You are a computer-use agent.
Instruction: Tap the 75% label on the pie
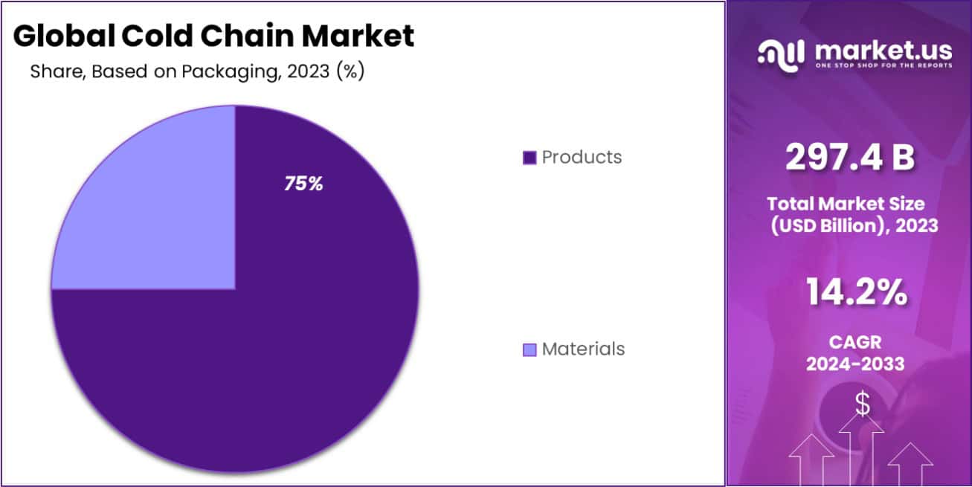pos(303,184)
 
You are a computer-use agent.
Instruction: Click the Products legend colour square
pos(530,158)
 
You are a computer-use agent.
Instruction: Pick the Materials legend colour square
pos(530,349)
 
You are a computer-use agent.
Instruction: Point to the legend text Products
pos(582,158)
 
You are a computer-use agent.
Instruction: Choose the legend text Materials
pos(583,349)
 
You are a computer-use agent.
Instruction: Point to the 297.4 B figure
pos(850,157)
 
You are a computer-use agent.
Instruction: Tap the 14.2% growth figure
pos(856,293)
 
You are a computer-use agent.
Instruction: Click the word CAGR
pos(856,342)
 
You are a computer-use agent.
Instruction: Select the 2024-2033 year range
pos(856,364)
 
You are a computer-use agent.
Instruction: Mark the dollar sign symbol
pos(862,404)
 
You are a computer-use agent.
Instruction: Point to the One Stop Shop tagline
pos(883,65)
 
